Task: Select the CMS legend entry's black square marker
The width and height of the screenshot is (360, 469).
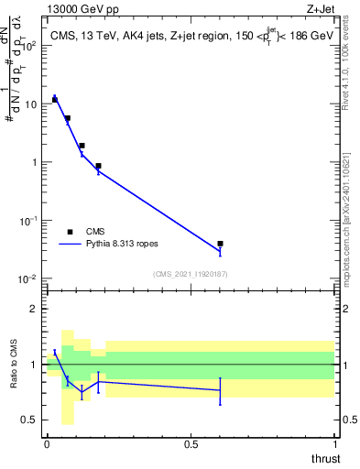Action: [70, 232]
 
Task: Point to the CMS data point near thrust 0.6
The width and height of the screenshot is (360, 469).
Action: [221, 244]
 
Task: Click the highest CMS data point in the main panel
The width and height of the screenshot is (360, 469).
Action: [55, 99]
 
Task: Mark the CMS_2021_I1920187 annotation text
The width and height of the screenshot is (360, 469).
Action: [190, 273]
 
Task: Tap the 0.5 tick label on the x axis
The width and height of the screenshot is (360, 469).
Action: [191, 444]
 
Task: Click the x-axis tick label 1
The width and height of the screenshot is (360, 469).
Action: [335, 444]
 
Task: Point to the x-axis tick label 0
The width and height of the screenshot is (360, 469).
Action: [47, 444]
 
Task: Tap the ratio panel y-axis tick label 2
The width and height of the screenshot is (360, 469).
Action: [35, 309]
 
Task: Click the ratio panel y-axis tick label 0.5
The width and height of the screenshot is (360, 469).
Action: [30, 420]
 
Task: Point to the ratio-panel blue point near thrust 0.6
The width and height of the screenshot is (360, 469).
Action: [221, 390]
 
